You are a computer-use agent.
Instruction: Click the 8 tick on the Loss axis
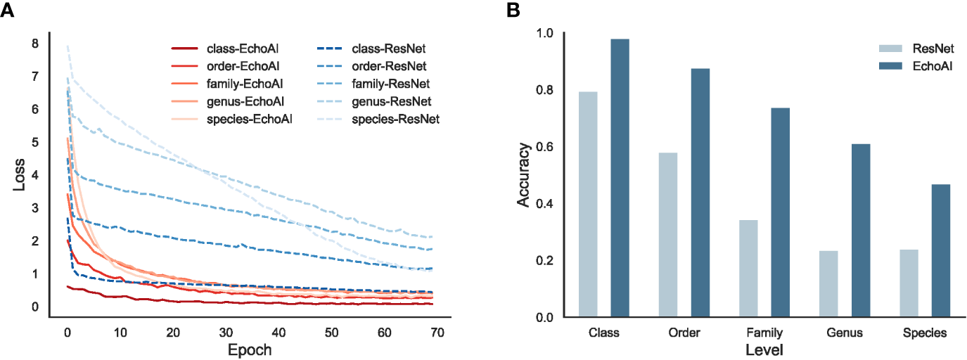(x=35, y=44)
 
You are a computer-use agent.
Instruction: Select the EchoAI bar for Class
(x=620, y=178)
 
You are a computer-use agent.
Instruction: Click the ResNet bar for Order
(x=668, y=235)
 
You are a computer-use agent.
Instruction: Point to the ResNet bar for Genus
(x=828, y=284)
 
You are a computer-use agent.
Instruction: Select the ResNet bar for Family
(x=748, y=269)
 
